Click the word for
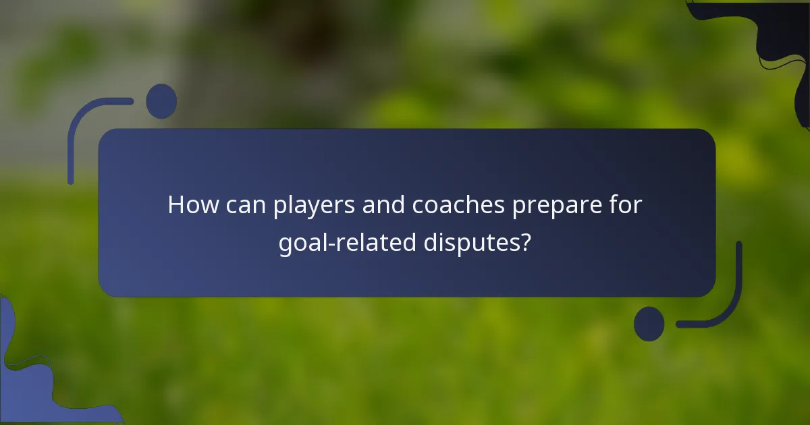click(x=626, y=204)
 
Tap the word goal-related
click(x=347, y=242)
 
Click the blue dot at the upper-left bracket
click(x=161, y=101)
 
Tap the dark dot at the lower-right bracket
click(x=649, y=324)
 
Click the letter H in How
click(x=175, y=204)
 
